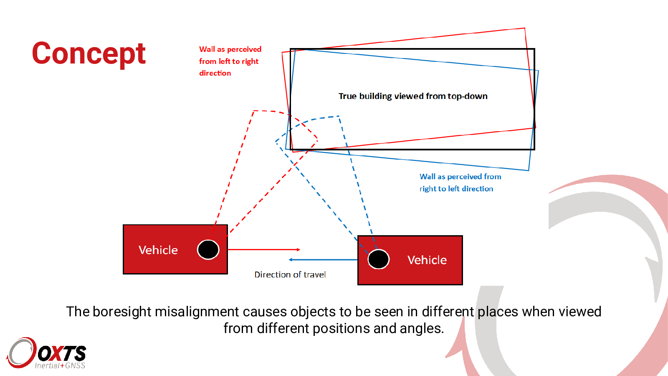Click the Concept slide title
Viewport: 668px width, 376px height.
89,54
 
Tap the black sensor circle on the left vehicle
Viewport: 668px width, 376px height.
208,249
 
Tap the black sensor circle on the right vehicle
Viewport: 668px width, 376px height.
378,259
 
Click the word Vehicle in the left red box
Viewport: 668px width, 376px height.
158,250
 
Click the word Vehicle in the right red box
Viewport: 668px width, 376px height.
427,260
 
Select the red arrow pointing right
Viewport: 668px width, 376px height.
264,249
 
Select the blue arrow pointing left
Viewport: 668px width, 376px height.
323,259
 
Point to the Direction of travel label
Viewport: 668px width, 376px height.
290,274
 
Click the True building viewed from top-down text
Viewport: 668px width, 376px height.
413,96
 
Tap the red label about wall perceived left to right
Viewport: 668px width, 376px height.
230,61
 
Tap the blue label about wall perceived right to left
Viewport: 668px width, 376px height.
460,183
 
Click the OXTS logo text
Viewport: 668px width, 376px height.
62,353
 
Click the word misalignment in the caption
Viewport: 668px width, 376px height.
197,312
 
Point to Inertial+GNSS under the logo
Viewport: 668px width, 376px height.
60,366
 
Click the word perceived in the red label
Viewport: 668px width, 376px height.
244,49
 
